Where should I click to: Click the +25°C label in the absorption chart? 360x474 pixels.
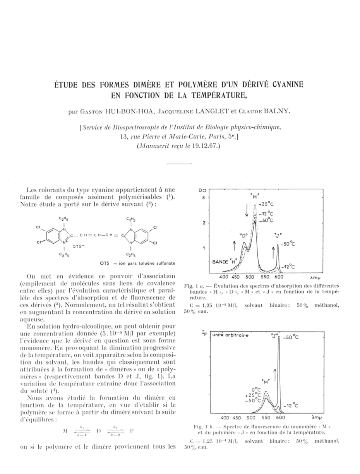(266, 204)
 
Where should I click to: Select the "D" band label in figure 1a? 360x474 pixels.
(243, 234)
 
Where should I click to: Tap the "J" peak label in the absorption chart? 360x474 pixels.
(277, 234)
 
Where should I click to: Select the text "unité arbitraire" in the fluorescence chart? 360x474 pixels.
(230, 335)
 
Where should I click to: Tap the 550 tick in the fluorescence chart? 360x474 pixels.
(266, 418)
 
